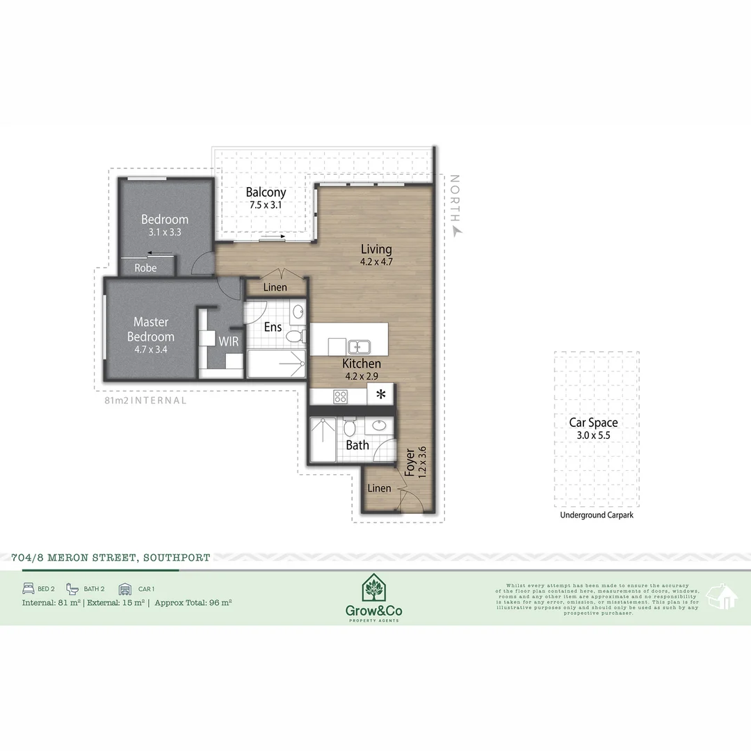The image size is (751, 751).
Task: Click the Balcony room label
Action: (x=266, y=193)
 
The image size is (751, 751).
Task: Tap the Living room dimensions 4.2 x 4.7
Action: (x=376, y=262)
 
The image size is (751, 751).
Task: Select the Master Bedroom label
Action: (x=151, y=330)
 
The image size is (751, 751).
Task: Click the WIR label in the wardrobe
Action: (x=229, y=342)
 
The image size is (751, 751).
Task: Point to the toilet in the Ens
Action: (x=295, y=337)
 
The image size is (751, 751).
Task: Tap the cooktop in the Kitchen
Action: (x=341, y=396)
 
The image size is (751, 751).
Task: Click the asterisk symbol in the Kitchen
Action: (x=380, y=395)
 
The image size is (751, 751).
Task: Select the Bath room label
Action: (x=357, y=445)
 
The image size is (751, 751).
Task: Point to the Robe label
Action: (x=145, y=268)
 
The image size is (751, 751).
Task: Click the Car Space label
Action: (x=592, y=423)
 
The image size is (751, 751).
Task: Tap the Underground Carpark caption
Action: (x=597, y=515)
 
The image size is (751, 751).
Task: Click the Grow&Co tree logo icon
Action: (x=374, y=590)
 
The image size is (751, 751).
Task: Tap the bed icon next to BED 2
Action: (x=29, y=588)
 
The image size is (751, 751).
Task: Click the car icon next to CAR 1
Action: (x=125, y=588)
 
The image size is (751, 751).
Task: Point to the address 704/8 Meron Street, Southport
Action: (x=111, y=558)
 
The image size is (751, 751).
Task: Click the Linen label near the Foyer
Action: (x=379, y=488)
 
